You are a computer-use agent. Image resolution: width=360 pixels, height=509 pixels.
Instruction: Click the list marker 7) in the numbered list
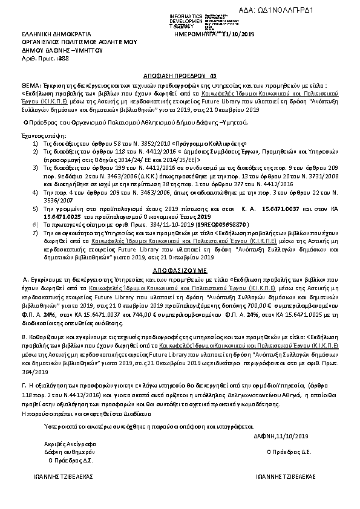coord(36,232)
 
